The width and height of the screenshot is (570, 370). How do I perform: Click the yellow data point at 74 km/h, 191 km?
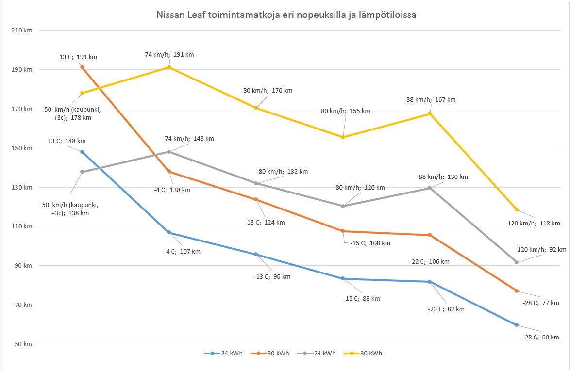tap(169, 67)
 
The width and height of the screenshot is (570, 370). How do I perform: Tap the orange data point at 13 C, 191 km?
tap(82, 67)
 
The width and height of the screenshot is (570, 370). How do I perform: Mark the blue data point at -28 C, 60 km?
tap(517, 325)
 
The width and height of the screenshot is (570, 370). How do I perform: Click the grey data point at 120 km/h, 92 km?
tap(517, 262)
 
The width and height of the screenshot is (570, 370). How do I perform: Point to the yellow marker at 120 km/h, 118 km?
tap(517, 209)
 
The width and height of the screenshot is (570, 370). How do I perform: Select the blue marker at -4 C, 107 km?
tap(169, 233)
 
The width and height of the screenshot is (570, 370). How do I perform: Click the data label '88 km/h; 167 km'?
tap(431, 100)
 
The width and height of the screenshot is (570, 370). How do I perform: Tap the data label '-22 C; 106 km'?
tap(429, 262)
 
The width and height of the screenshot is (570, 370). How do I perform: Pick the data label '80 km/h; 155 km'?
tap(345, 111)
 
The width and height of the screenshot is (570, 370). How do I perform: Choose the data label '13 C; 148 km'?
tap(67, 141)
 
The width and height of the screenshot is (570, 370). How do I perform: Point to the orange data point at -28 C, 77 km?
tap(517, 291)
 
